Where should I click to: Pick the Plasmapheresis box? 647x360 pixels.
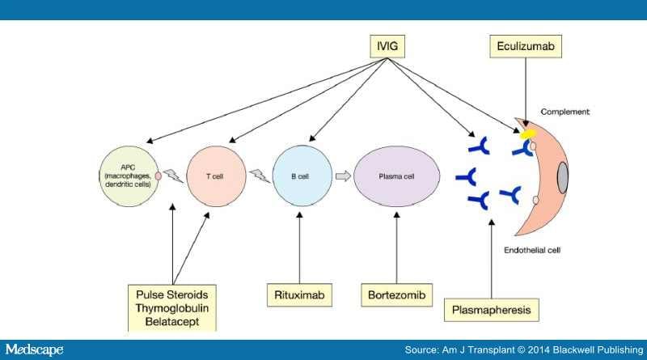[491, 310]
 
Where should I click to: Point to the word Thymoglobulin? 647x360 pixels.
[173, 307]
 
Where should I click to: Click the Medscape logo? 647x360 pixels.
[35, 349]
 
